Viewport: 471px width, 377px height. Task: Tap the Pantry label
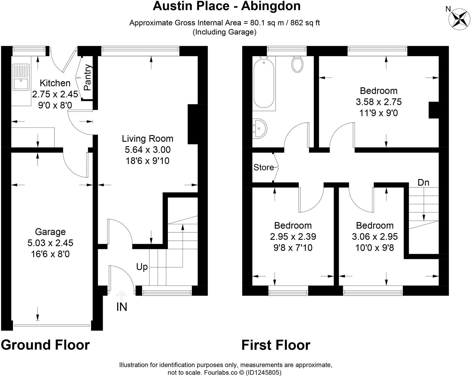(x=87, y=77)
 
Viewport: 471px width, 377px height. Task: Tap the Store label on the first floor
(x=264, y=167)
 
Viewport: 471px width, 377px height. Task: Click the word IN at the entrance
(x=122, y=307)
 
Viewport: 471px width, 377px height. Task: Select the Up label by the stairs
(x=142, y=267)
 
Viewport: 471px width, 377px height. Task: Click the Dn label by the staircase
(x=423, y=183)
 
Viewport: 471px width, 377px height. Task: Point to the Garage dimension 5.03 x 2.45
(x=50, y=243)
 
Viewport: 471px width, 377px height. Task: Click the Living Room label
(x=147, y=139)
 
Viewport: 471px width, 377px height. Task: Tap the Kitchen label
(x=55, y=83)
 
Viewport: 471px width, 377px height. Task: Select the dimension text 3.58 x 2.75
(x=379, y=102)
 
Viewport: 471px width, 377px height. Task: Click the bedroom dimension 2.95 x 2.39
(x=293, y=237)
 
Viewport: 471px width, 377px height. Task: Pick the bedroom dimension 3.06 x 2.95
(x=375, y=237)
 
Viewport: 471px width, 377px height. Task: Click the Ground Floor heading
(x=45, y=345)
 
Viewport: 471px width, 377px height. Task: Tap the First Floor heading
(x=276, y=345)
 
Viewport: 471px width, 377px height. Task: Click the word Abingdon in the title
(x=271, y=6)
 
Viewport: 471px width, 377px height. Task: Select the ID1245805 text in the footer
(x=264, y=372)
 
